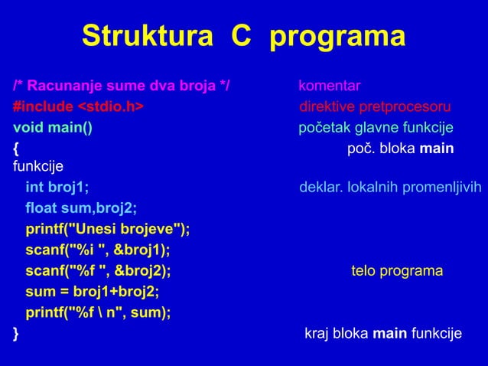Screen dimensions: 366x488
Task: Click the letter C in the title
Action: point(239,36)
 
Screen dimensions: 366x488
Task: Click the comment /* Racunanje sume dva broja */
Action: point(122,85)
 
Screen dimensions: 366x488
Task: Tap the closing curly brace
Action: point(16,333)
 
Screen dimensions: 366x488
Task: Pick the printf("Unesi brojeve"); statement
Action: point(108,230)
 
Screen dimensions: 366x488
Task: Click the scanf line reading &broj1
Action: point(98,250)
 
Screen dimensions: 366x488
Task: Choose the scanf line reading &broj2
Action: point(98,271)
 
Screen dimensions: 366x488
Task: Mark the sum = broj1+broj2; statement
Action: point(93,292)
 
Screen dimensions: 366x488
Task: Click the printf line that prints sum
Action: point(98,312)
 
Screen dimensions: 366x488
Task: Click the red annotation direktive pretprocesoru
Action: point(375,106)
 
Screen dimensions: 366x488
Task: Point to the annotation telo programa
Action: point(397,271)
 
